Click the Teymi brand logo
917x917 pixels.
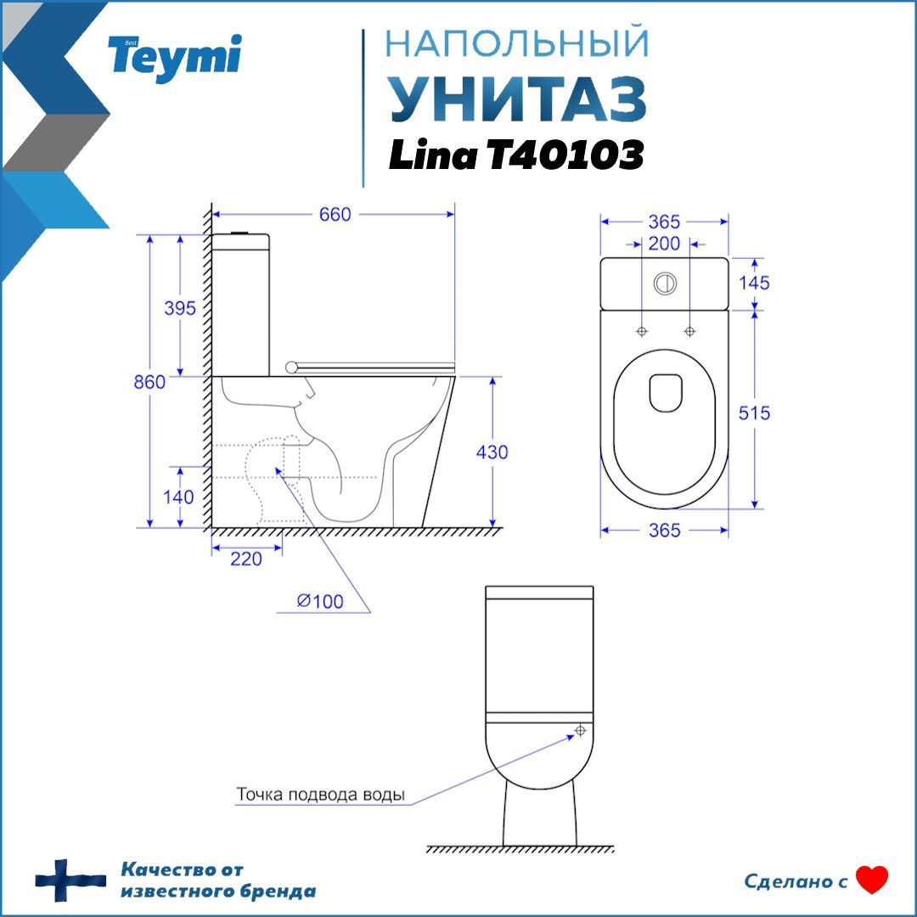point(174,58)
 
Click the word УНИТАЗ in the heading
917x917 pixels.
point(518,98)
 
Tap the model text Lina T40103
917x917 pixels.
point(516,155)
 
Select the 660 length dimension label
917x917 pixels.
point(335,215)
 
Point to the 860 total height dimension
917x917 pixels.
point(149,382)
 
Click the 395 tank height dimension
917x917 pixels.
point(179,307)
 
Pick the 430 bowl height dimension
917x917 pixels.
point(492,452)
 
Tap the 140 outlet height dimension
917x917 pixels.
point(178,497)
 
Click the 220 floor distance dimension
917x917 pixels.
point(246,559)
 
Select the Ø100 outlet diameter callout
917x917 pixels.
point(320,601)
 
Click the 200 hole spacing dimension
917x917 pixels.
point(664,244)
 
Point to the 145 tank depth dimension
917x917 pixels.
point(754,283)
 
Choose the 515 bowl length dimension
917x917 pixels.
point(754,413)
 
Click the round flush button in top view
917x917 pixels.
point(665,284)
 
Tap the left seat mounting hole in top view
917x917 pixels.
point(642,332)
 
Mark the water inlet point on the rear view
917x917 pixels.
point(580,730)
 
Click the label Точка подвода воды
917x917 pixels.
point(320,794)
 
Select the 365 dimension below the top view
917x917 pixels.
point(664,530)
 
